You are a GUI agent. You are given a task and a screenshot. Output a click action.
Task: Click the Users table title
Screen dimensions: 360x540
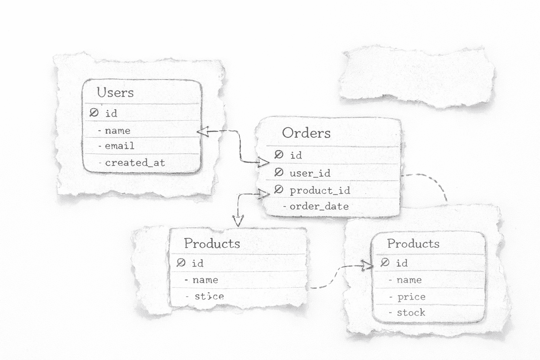[115, 92]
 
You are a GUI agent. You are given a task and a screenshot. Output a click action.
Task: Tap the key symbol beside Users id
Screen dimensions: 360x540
[94, 112]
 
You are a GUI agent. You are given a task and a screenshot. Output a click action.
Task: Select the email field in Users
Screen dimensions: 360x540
[119, 146]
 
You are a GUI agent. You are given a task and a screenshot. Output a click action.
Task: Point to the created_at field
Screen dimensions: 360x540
[135, 163]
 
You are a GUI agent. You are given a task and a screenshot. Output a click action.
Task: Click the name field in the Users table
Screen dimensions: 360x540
[117, 131]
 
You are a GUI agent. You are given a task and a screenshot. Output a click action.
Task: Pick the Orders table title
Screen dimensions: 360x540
[306, 133]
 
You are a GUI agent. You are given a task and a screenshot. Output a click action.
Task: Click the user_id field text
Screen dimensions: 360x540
[310, 173]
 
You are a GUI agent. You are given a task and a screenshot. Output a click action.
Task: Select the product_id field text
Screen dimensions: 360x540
[320, 191]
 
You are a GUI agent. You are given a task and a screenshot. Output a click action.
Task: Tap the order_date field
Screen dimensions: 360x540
[319, 206]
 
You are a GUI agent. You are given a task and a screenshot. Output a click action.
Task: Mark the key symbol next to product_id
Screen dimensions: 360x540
[278, 190]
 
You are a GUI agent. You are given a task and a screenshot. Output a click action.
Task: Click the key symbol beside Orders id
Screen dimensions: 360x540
[279, 155]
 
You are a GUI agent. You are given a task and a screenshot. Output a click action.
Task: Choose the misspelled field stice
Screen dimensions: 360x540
[209, 296]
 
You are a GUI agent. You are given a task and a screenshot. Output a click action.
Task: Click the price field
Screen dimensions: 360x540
[411, 297]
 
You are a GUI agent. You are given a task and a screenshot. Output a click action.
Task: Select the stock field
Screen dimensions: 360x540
[411, 313]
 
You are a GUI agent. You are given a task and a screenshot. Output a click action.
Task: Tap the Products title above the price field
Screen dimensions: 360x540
[413, 244]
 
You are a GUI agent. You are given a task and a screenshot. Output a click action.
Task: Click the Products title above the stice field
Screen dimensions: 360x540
[212, 243]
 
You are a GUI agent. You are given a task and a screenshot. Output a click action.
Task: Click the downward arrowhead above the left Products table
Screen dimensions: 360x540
[238, 221]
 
